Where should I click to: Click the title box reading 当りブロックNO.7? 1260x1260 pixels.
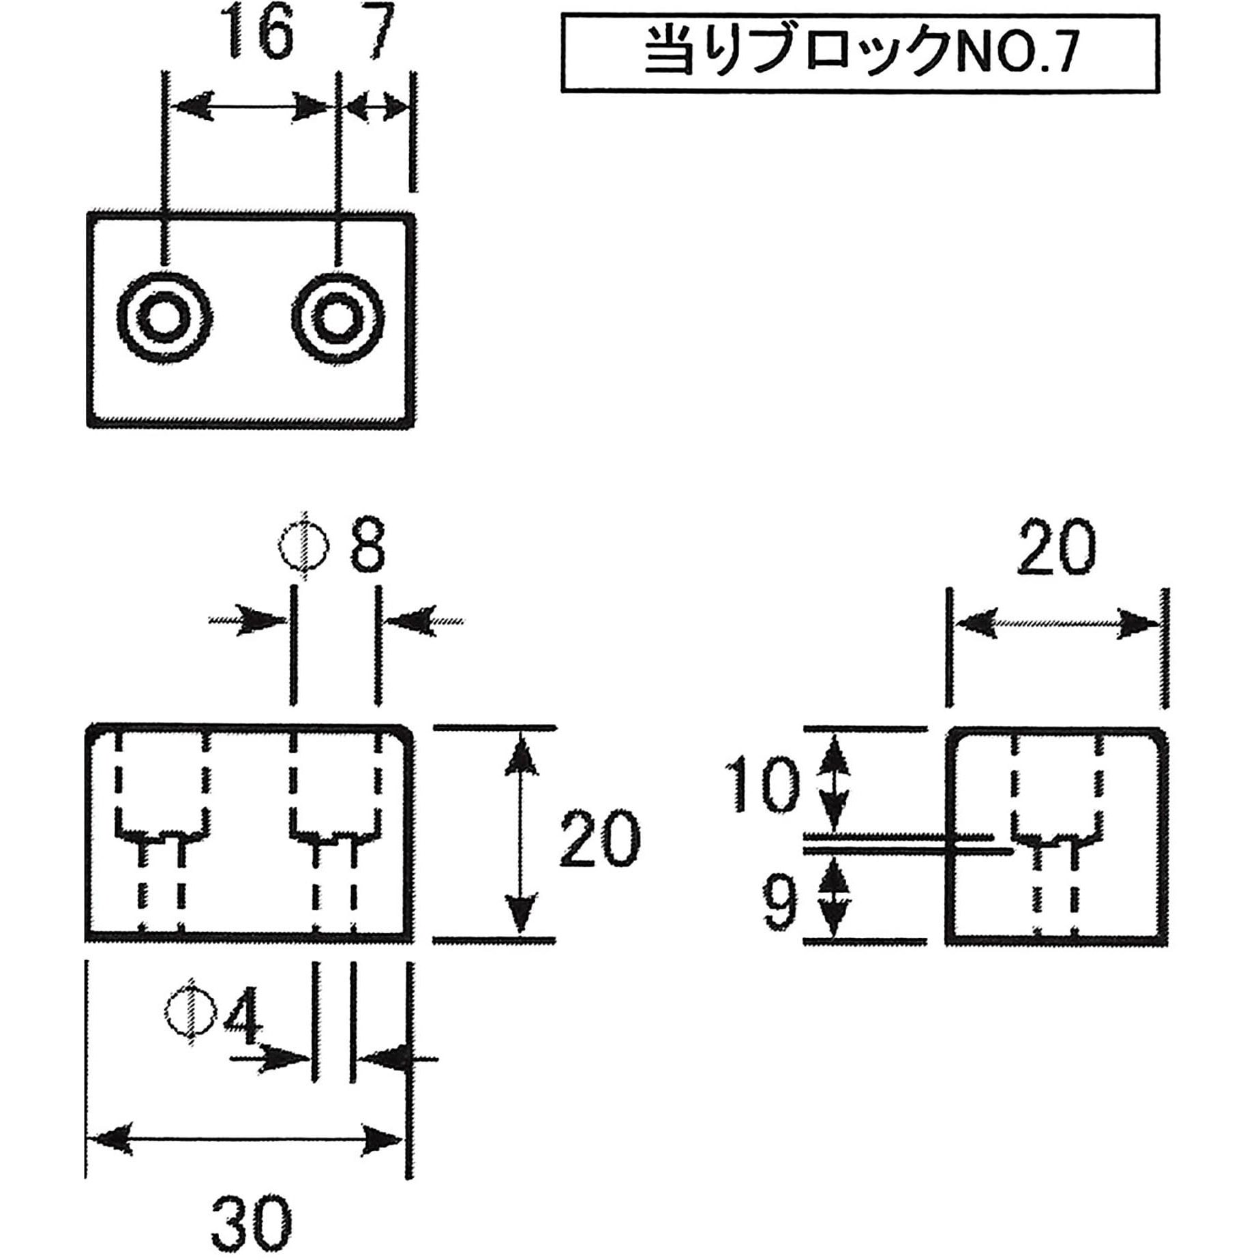tap(860, 54)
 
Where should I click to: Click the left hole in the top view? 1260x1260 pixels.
tap(163, 317)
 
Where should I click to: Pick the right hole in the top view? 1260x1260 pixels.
tap(337, 318)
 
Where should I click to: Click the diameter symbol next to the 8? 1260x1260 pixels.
tap(305, 545)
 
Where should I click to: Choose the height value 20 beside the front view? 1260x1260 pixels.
tap(600, 841)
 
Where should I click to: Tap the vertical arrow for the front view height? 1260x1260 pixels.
tap(522, 833)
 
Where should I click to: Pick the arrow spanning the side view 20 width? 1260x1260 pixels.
tap(1057, 624)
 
